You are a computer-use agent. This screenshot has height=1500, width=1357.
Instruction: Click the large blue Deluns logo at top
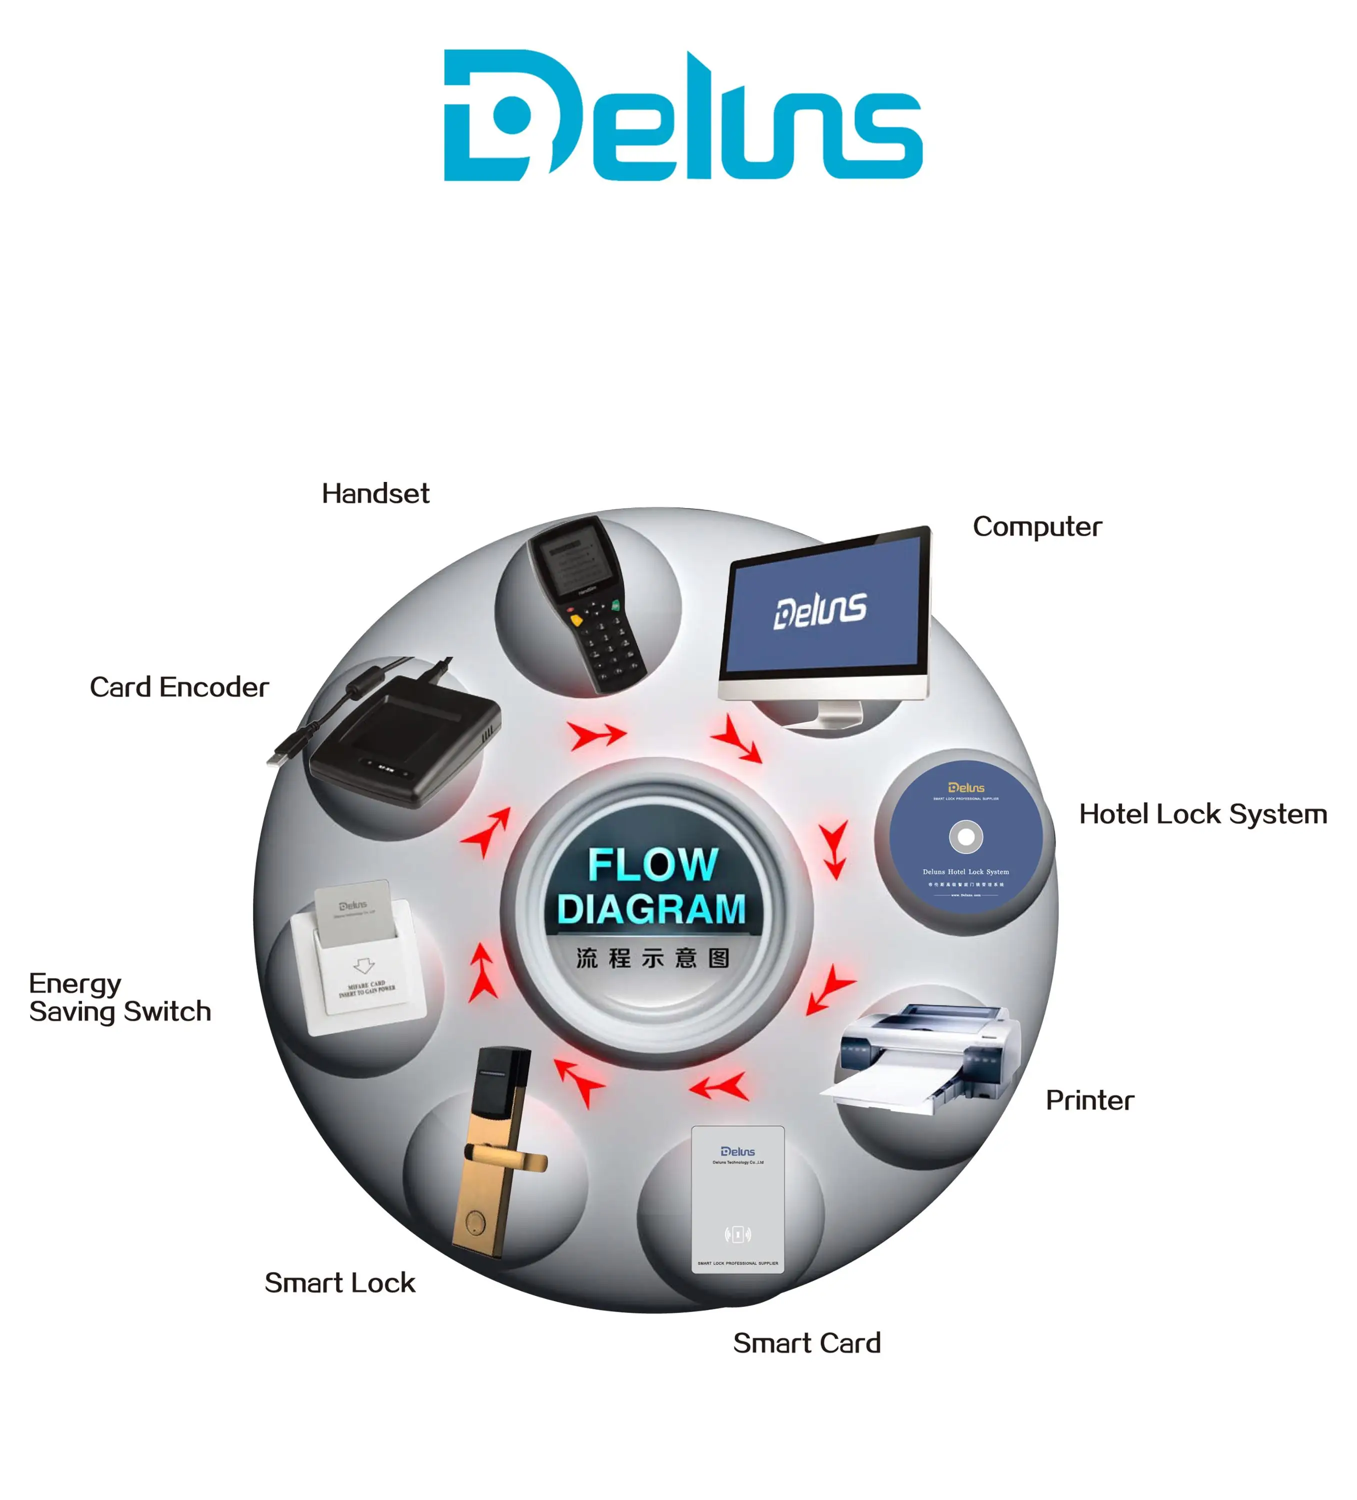click(682, 115)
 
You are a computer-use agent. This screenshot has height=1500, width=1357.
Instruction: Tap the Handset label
click(375, 493)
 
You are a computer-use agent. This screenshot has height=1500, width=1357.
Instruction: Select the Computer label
click(1036, 527)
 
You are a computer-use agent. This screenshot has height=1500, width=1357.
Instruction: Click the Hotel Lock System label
click(1202, 814)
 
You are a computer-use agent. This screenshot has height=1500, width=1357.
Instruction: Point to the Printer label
click(1089, 1100)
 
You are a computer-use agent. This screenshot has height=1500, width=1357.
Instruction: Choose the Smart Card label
click(806, 1343)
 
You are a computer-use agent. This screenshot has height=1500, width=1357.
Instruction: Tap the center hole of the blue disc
click(965, 836)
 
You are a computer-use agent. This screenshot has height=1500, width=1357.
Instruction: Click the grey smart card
click(737, 1199)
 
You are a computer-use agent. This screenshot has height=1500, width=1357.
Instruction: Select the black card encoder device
click(405, 741)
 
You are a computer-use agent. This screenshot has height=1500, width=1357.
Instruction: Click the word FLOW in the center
click(652, 864)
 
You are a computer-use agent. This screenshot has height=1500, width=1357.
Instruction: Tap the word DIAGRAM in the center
click(651, 909)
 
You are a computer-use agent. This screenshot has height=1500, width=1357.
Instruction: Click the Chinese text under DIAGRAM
click(652, 958)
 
